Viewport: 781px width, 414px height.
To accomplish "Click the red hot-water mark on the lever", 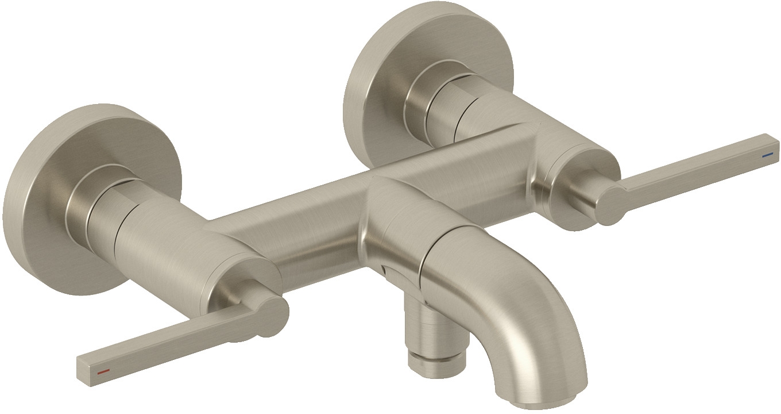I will click(x=103, y=373).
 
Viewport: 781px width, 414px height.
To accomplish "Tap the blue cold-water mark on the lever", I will click(x=767, y=155).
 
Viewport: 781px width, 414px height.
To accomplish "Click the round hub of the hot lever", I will click(x=270, y=315).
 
